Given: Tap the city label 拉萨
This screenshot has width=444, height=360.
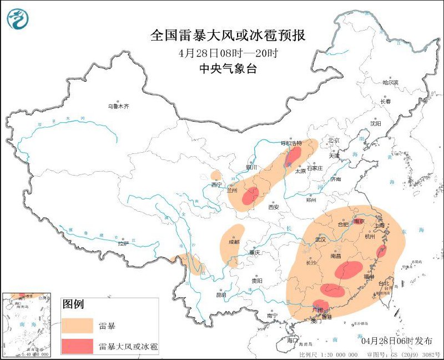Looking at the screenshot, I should pyautogui.click(x=123, y=243).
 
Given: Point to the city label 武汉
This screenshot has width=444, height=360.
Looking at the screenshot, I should pyautogui.click(x=320, y=239).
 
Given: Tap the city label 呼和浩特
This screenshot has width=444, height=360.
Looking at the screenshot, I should pyautogui.click(x=291, y=143).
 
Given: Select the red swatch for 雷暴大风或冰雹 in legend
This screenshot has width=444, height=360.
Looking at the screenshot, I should pyautogui.click(x=78, y=346).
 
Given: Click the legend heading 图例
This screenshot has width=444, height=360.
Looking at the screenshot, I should pyautogui.click(x=73, y=304).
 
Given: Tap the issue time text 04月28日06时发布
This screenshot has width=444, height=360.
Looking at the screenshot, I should pyautogui.click(x=395, y=340).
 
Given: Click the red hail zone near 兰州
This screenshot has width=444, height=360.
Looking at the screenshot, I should pyautogui.click(x=251, y=196).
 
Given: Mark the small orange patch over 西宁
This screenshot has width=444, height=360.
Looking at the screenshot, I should pyautogui.click(x=216, y=176).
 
